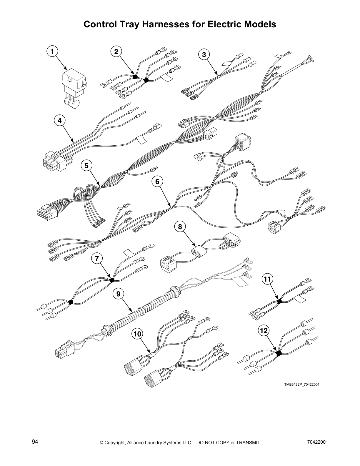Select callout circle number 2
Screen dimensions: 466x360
tap(116, 51)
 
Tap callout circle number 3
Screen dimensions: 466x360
tap(204, 54)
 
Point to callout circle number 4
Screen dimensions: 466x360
tap(60, 120)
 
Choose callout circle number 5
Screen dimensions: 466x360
tap(86, 166)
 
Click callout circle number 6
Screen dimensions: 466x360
tap(157, 182)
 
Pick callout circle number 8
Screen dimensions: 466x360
tap(180, 226)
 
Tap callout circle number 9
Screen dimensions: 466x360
tap(118, 293)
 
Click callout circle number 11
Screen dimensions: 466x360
tap(267, 279)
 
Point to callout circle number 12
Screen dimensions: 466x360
tap(264, 331)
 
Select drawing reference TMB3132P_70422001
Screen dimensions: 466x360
tap(302, 385)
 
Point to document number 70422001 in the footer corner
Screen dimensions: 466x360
tap(317, 442)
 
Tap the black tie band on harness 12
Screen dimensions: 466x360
tap(278, 352)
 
